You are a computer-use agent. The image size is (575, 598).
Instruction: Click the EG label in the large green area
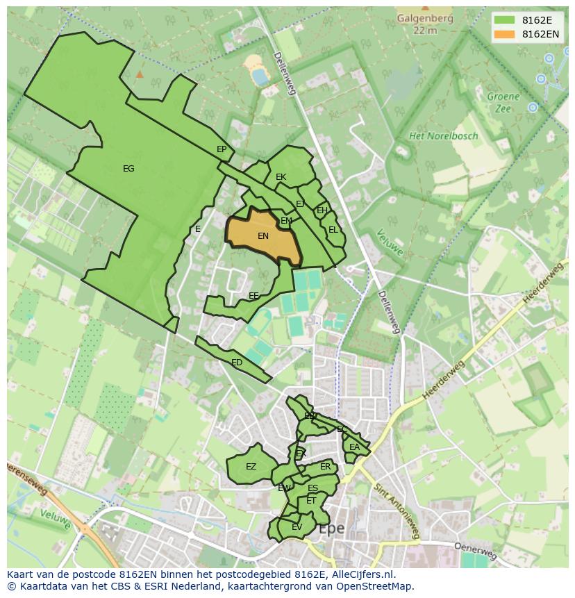click(128, 169)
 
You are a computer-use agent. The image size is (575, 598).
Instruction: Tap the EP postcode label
click(222, 149)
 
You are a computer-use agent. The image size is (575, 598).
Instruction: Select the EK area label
click(281, 177)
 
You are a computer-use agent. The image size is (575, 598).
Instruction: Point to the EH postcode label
click(322, 210)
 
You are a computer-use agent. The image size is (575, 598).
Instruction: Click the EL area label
click(333, 230)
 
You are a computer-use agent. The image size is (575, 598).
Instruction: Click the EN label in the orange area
click(263, 236)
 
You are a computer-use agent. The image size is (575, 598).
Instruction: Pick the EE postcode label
click(253, 296)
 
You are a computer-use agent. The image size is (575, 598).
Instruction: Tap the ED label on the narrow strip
click(237, 363)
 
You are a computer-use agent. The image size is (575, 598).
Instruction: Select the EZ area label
click(251, 467)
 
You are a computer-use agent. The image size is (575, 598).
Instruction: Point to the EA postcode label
click(354, 447)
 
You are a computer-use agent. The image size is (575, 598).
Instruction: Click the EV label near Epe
click(297, 527)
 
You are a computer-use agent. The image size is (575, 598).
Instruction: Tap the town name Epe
click(331, 529)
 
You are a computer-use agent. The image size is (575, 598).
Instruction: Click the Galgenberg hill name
click(424, 19)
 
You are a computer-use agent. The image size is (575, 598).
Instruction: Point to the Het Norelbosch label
click(443, 136)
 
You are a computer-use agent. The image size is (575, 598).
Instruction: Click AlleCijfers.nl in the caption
click(364, 574)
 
